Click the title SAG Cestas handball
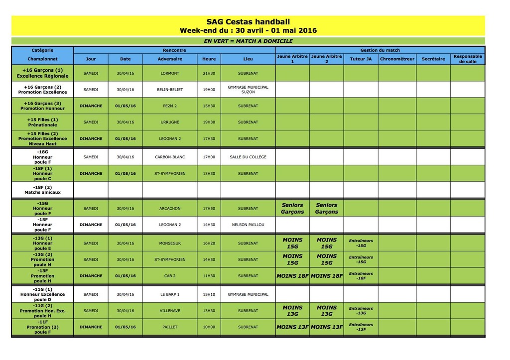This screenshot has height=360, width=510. point(248,21)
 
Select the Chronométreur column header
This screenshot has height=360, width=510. point(397,59)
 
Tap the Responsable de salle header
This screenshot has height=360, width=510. point(468,59)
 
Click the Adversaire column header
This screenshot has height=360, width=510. point(170,59)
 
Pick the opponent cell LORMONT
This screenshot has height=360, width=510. point(170,73)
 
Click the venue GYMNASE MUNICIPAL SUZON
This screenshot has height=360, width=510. point(248,90)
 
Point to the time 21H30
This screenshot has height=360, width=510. point(209,73)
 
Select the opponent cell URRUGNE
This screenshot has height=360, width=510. point(170,122)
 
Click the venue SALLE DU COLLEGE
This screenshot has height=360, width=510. point(248,157)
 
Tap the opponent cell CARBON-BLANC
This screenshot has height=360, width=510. point(170,157)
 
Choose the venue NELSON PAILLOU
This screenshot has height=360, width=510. point(248,225)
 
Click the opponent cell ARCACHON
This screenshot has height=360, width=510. point(170,209)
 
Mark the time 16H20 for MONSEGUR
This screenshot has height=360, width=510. point(209,243)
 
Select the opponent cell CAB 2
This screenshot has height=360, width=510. point(170,276)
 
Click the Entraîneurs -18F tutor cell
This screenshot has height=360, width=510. point(361,276)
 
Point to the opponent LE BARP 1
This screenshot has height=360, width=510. point(170,294)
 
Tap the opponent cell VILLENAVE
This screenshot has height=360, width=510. point(170,311)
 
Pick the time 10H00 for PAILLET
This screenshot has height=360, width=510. point(209,327)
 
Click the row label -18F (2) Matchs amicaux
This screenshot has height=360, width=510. point(42,190)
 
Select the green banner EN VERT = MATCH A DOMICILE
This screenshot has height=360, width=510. point(248,41)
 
